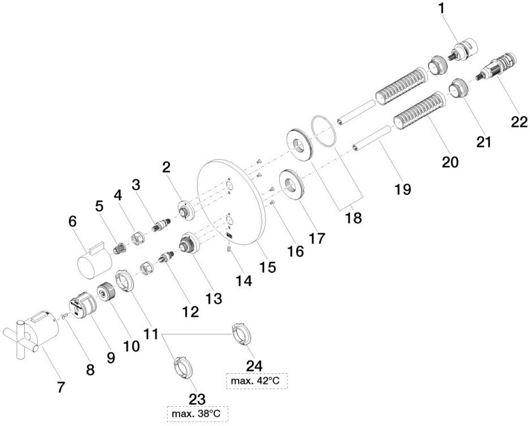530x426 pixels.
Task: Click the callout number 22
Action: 519,122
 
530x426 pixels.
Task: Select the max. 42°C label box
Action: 254,381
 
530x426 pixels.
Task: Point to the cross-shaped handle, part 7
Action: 31,336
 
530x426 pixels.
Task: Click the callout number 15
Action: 268,267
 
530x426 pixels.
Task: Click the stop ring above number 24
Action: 240,333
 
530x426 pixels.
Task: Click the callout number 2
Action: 166,168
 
